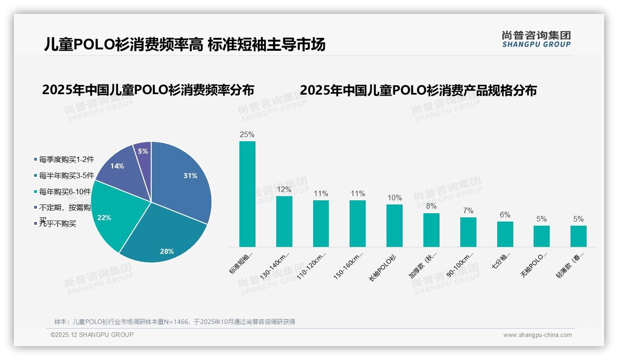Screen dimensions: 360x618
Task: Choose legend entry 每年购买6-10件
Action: [x=65, y=192]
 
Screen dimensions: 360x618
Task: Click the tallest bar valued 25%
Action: [x=247, y=194]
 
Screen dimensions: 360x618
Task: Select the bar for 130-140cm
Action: [x=284, y=222]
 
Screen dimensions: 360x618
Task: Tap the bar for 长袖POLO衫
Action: [x=394, y=226]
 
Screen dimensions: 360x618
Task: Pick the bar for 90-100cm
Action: [x=468, y=232]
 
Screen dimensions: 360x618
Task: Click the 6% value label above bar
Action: [x=505, y=215]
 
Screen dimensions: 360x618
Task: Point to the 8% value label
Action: [x=431, y=206]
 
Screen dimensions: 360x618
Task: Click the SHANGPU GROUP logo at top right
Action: [x=536, y=39]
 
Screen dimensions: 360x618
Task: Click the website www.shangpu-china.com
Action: [x=537, y=335]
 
